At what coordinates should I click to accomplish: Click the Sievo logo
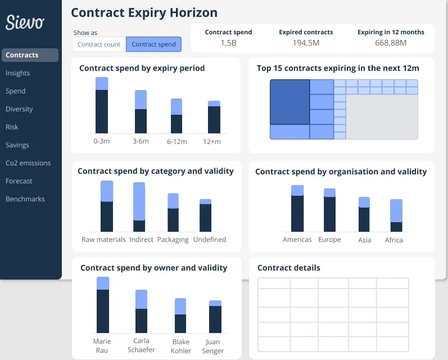(x=25, y=22)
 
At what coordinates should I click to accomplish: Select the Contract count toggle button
(x=99, y=44)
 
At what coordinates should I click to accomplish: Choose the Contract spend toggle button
(x=153, y=44)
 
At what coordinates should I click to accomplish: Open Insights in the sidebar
(x=18, y=73)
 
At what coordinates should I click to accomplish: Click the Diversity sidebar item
(x=19, y=109)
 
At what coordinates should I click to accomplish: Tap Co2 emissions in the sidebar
(x=28, y=163)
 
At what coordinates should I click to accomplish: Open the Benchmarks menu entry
(x=25, y=199)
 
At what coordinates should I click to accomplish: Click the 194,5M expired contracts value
(x=306, y=43)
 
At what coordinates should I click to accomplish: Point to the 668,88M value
(x=391, y=43)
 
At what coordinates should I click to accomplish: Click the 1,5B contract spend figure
(x=228, y=43)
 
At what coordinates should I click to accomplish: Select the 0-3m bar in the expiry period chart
(x=102, y=107)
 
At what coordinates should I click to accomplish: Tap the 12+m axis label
(x=212, y=142)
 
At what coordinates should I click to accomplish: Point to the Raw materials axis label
(x=103, y=240)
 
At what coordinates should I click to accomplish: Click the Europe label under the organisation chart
(x=329, y=240)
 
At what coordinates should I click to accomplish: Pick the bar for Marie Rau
(x=103, y=307)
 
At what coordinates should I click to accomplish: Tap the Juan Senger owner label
(x=213, y=346)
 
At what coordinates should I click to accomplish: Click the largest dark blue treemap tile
(x=289, y=102)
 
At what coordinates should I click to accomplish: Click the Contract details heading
(x=289, y=268)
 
